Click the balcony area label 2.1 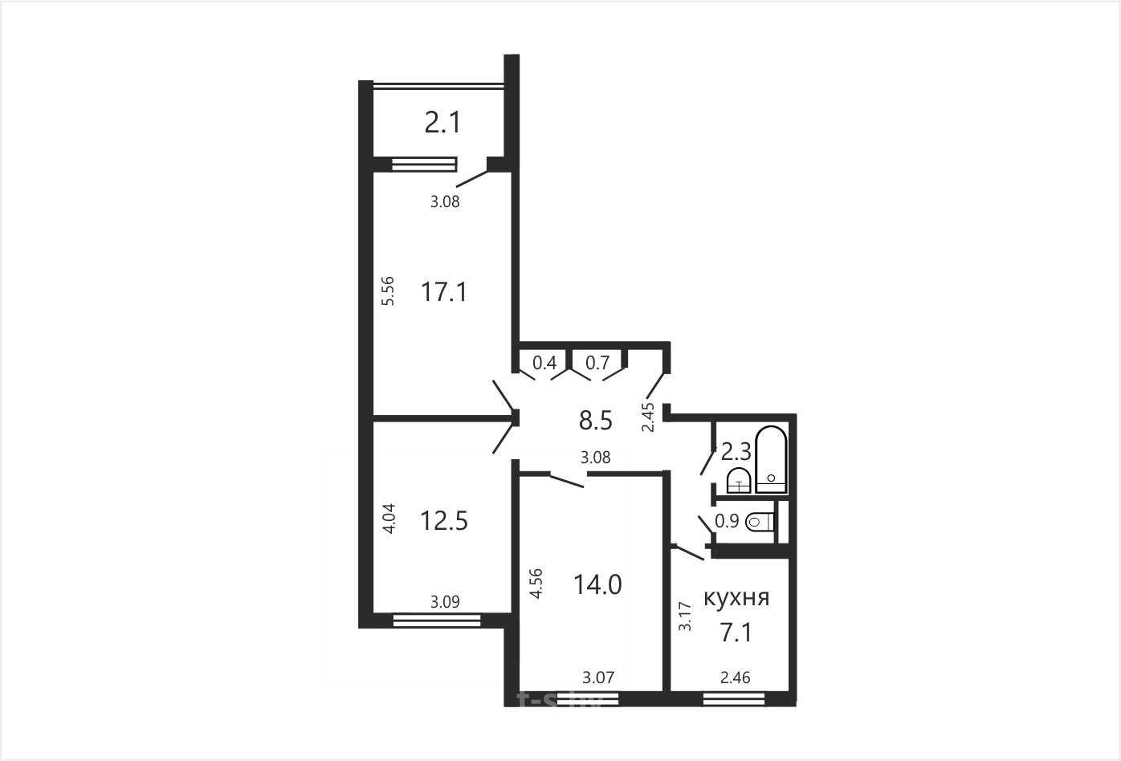pyautogui.click(x=442, y=123)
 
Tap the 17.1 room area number pyautogui.click(x=444, y=292)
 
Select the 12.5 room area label pyautogui.click(x=444, y=521)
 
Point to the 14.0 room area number pyautogui.click(x=597, y=584)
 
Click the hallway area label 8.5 pyautogui.click(x=596, y=421)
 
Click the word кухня pyautogui.click(x=736, y=598)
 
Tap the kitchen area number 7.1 pyautogui.click(x=736, y=632)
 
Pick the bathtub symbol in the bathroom pyautogui.click(x=771, y=459)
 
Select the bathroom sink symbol pyautogui.click(x=739, y=481)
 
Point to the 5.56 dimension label pyautogui.click(x=389, y=291)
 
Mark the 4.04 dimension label pyautogui.click(x=389, y=519)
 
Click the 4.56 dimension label pyautogui.click(x=536, y=584)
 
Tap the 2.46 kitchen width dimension pyautogui.click(x=736, y=678)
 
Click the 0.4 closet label pyautogui.click(x=544, y=363)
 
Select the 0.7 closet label pyautogui.click(x=597, y=363)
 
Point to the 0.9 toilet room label pyautogui.click(x=727, y=521)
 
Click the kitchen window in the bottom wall pyautogui.click(x=734, y=699)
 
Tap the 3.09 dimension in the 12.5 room pyautogui.click(x=445, y=602)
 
